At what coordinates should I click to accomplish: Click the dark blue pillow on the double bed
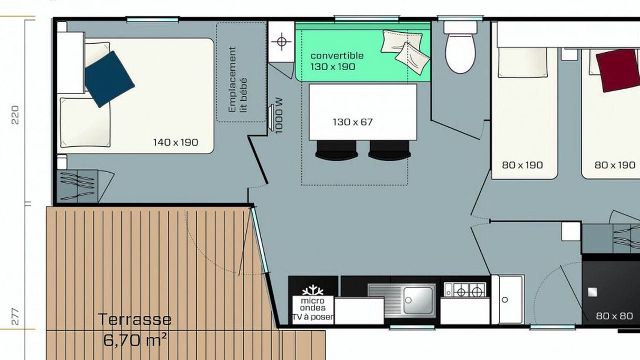[110, 79]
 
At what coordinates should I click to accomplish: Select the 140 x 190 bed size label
[175, 142]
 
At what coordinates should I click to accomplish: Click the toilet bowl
[460, 53]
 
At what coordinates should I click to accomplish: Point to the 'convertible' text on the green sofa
[337, 56]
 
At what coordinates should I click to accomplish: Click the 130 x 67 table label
[353, 122]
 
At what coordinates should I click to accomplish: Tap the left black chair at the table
[336, 150]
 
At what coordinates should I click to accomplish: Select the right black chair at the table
[389, 150]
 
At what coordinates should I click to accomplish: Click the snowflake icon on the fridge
[313, 290]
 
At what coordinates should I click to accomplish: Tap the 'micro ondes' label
[313, 304]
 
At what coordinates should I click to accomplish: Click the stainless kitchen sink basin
[418, 300]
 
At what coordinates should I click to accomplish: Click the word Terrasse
[135, 319]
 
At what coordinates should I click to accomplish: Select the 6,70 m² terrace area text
[135, 340]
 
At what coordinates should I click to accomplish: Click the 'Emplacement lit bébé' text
[237, 79]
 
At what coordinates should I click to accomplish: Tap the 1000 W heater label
[279, 116]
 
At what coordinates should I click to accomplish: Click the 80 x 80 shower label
[614, 316]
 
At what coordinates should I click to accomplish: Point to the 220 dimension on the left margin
[15, 115]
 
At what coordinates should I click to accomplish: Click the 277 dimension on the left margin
[15, 317]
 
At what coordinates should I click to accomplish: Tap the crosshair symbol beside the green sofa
[282, 42]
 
